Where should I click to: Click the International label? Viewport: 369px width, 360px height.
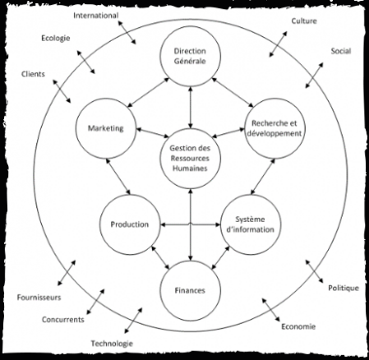[96, 16]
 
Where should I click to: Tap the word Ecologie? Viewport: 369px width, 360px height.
[56, 38]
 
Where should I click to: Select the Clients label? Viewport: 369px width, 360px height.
[33, 74]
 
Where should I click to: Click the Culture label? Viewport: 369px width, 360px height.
[304, 21]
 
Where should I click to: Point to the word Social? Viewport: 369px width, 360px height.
[341, 51]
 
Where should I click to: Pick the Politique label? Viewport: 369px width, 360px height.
[344, 288]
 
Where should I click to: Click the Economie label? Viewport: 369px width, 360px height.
[298, 326]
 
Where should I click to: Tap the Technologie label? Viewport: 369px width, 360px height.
[112, 344]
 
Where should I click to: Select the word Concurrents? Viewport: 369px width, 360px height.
[63, 320]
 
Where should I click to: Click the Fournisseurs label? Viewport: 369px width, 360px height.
[39, 298]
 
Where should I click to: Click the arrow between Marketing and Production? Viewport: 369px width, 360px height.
[118, 177]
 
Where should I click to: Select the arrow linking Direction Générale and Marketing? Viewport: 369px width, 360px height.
[149, 92]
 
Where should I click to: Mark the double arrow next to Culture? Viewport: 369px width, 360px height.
[278, 44]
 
